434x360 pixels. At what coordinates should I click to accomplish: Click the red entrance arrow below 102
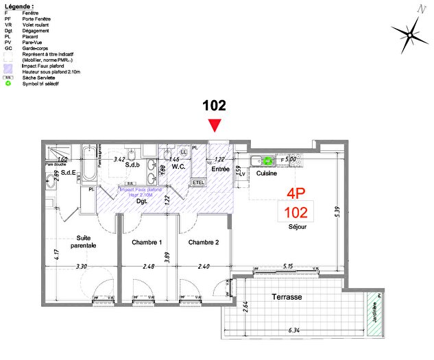tap(215, 125)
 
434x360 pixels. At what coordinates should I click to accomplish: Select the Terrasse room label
tap(287, 296)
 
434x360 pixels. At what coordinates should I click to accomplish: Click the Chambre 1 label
tap(146, 242)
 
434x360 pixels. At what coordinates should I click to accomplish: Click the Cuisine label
tap(267, 173)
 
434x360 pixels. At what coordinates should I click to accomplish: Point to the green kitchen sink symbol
tap(268, 160)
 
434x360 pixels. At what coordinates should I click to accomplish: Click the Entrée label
tap(219, 169)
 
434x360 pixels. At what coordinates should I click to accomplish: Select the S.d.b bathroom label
tap(132, 165)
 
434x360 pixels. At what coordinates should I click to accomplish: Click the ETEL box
tap(199, 182)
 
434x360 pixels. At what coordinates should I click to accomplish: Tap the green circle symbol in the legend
tap(8, 83)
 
